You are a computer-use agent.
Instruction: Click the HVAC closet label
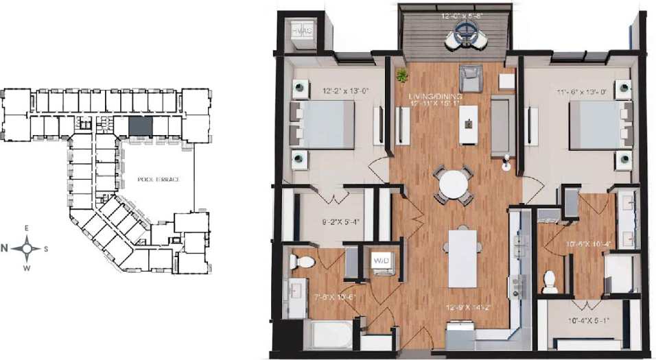301,32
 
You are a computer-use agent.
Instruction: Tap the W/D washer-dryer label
382,261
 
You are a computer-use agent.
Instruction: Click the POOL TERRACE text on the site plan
158,180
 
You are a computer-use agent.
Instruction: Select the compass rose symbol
27,248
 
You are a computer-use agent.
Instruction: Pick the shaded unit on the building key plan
141,126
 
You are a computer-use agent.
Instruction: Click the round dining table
453,184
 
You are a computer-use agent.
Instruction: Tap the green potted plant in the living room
401,74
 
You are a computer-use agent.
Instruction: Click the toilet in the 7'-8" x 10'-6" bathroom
302,261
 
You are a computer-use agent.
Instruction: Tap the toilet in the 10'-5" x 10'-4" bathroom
550,282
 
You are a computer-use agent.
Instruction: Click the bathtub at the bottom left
331,336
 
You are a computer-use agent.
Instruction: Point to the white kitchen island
462,258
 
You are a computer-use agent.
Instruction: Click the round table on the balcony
468,31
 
